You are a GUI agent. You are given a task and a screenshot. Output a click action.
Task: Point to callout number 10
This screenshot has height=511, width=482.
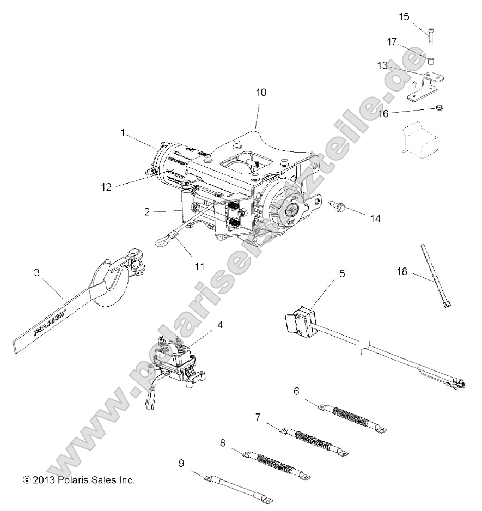pyautogui.click(x=261, y=92)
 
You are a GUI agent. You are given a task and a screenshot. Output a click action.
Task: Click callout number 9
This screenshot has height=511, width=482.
pyautogui.click(x=181, y=463)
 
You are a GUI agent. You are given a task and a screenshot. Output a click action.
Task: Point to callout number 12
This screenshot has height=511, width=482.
pyautogui.click(x=106, y=187)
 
